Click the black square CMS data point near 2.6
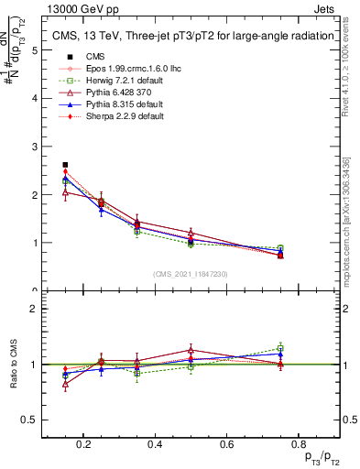click(x=65, y=165)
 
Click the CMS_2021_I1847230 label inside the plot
click(x=190, y=274)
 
